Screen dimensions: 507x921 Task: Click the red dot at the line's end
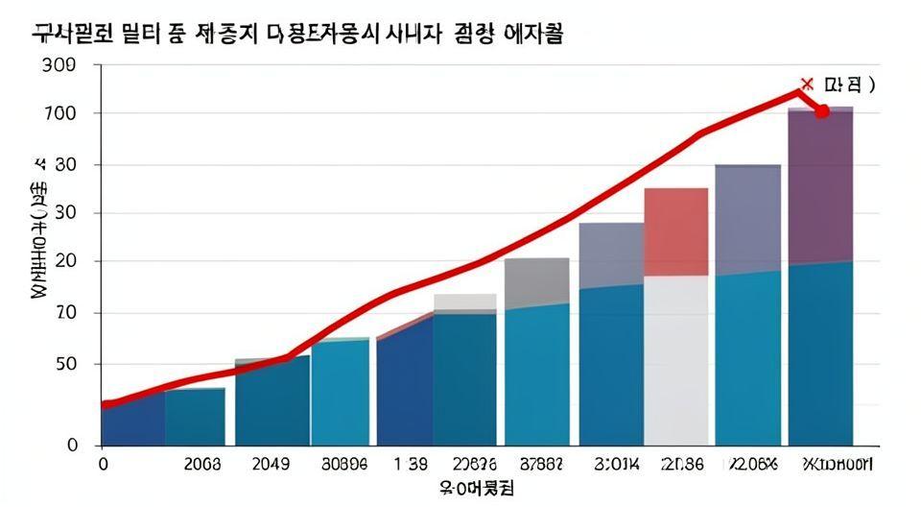pos(821,111)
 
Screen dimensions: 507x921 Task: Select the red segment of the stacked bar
pos(676,231)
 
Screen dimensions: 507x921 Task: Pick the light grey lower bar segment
pos(676,360)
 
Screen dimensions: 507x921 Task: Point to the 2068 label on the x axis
pos(201,464)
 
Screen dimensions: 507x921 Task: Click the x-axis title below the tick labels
pos(476,488)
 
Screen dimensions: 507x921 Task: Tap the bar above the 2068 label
pos(196,417)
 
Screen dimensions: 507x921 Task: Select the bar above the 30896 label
pos(340,392)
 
